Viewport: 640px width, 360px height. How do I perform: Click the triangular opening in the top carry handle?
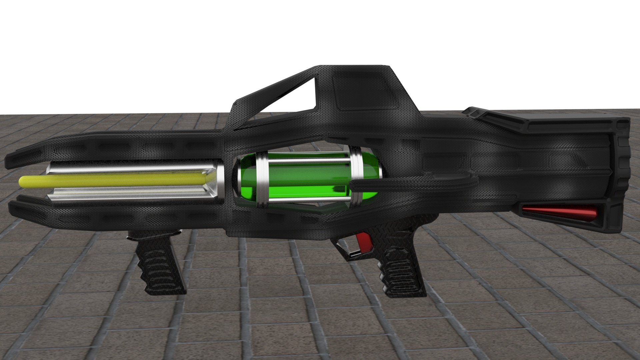point(293,97)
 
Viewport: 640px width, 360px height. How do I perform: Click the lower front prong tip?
point(13,208)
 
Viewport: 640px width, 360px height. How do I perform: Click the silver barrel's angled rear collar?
point(213,182)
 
